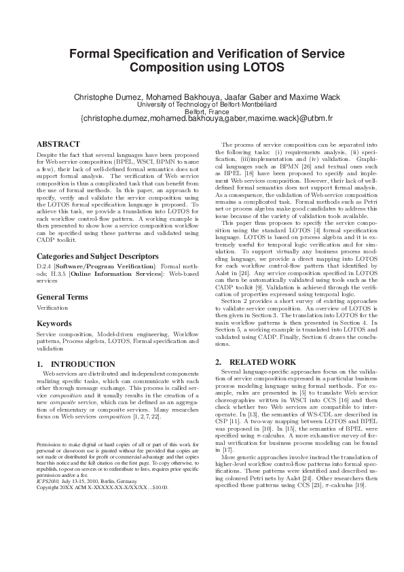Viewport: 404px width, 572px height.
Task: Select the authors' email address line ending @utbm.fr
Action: click(202, 119)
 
